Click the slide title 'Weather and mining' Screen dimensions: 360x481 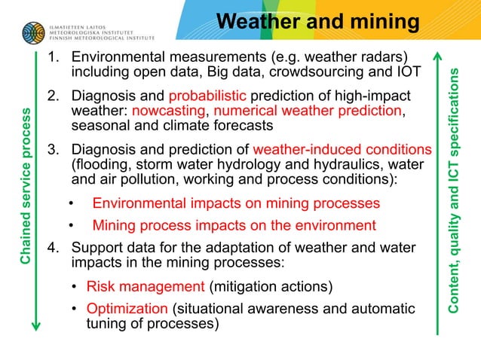click(x=317, y=23)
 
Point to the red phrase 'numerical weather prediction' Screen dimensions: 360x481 click(x=318, y=111)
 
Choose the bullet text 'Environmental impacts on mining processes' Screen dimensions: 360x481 click(x=236, y=203)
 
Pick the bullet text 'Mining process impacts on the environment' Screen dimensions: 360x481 click(x=234, y=225)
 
